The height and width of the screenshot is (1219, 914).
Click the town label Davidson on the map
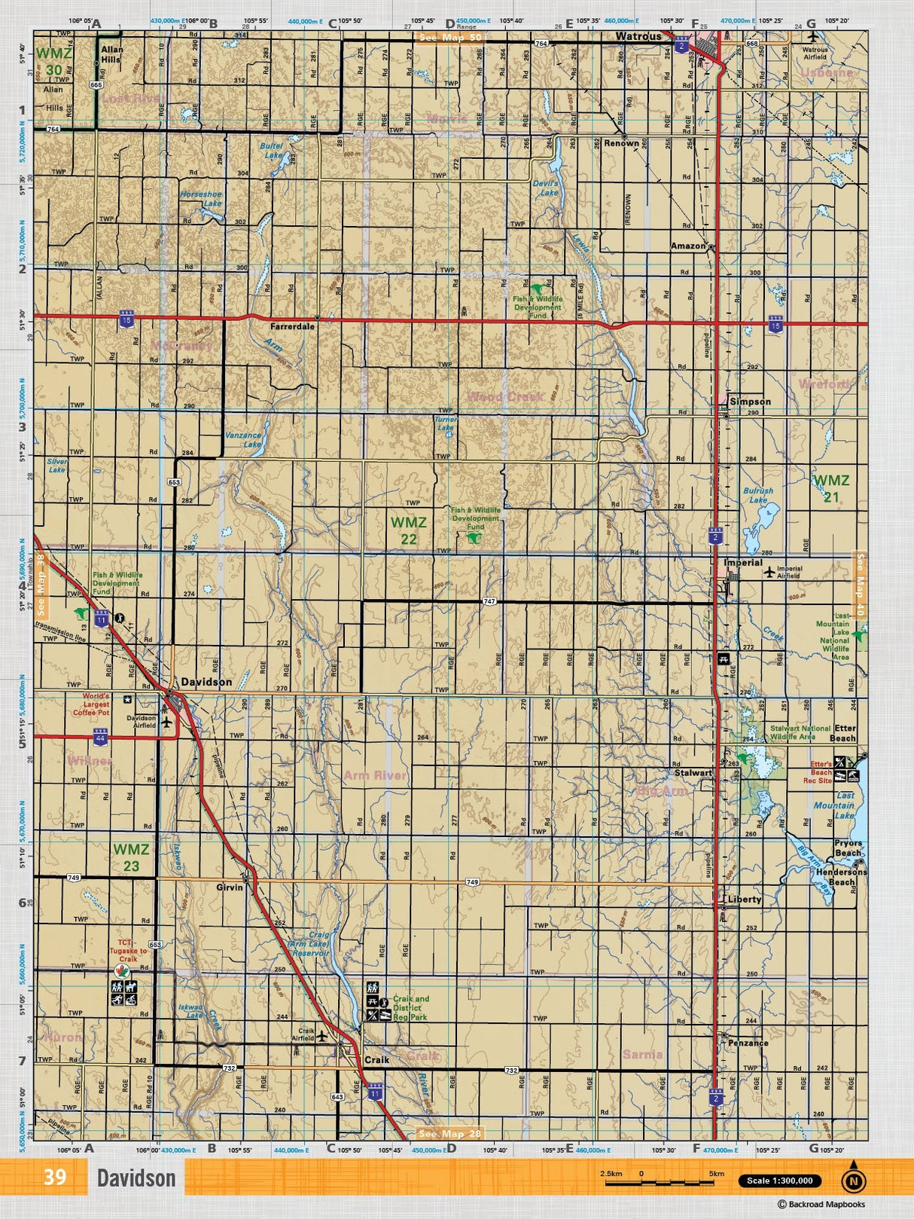[x=206, y=683]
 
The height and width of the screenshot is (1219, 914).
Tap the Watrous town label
[x=638, y=36]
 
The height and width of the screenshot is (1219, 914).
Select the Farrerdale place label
[x=293, y=327]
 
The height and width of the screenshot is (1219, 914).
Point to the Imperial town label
[x=743, y=563]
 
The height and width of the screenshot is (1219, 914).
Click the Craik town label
[x=376, y=1059]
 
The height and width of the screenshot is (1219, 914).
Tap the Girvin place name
[x=230, y=888]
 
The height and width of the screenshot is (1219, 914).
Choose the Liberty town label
[x=745, y=900]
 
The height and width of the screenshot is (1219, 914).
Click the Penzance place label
[x=748, y=1043]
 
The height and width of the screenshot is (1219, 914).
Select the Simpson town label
[x=750, y=402]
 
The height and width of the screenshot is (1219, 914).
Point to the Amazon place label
[x=688, y=246]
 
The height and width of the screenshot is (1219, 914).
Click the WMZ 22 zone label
[x=408, y=530]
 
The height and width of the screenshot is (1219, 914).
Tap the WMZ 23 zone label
[x=131, y=857]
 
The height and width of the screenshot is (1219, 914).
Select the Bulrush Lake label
[x=758, y=495]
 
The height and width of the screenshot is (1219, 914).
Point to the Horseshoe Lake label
[x=201, y=199]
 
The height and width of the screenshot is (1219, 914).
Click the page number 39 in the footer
[x=55, y=1177]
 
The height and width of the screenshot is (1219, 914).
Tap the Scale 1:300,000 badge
[x=779, y=1181]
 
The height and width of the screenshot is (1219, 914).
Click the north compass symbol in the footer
[x=853, y=1180]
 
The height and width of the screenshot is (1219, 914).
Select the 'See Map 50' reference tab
[x=450, y=38]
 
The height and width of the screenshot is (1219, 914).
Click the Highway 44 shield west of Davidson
[x=100, y=736]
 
